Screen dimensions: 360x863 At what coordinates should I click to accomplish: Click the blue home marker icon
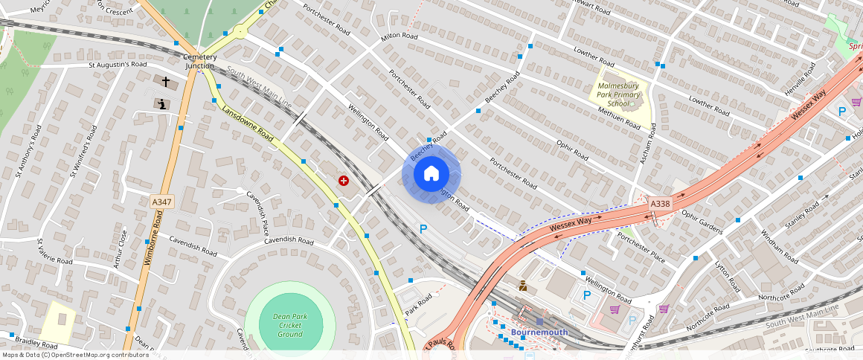click(431, 174)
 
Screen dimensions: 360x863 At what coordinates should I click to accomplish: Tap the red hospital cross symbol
click(344, 180)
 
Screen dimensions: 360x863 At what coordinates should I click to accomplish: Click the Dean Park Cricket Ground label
click(290, 325)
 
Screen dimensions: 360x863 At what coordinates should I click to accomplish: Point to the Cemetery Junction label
click(200, 62)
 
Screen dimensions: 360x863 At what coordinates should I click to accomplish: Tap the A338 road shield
click(660, 203)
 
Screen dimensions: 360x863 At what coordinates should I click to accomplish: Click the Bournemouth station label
click(539, 332)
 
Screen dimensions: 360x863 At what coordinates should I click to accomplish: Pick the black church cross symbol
click(166, 81)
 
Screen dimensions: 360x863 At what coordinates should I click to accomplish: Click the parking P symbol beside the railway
click(423, 229)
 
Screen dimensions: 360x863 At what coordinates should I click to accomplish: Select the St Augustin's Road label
click(118, 65)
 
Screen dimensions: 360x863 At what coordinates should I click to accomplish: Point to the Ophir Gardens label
click(702, 222)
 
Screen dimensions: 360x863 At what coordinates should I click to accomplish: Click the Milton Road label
click(400, 36)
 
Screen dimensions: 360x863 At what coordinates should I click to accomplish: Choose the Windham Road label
click(778, 246)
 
